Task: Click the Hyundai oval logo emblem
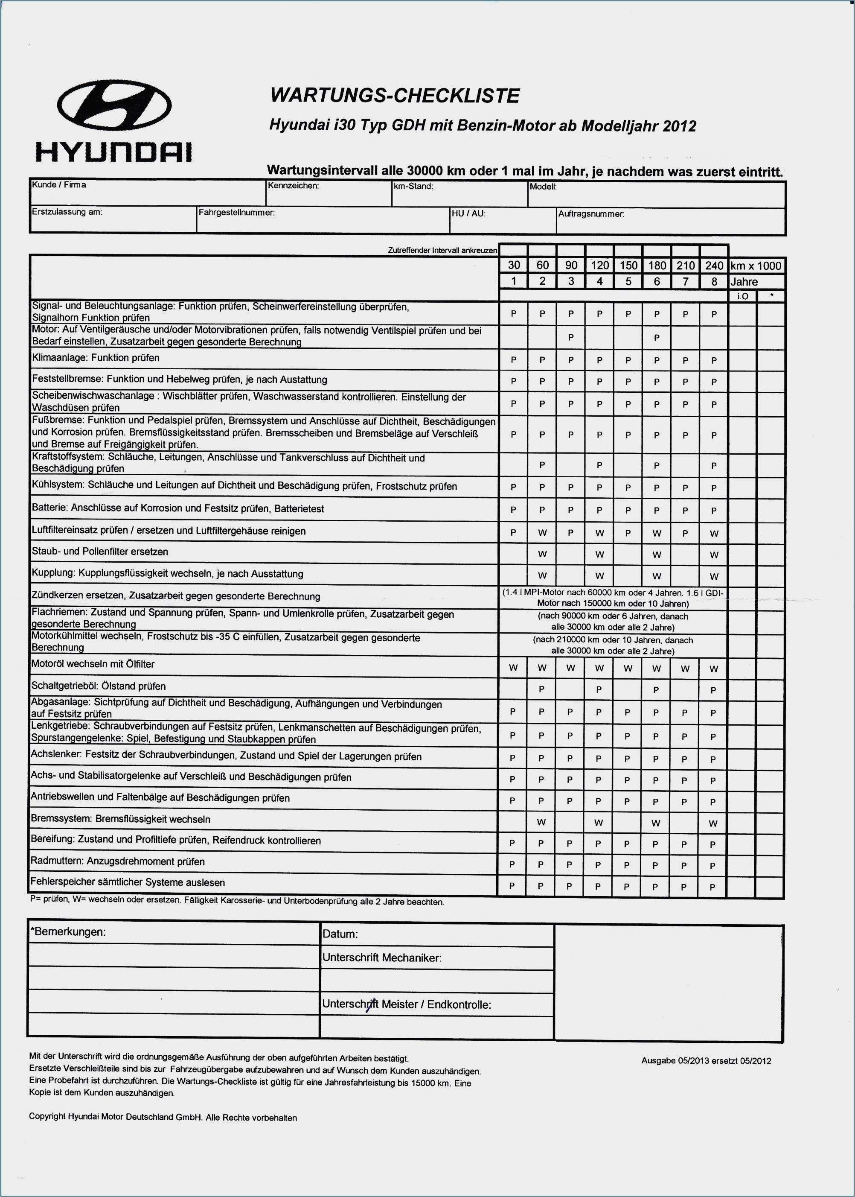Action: [114, 105]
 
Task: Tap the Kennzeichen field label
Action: [293, 186]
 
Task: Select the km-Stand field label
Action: [413, 187]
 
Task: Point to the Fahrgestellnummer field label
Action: [236, 213]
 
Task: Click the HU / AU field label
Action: [468, 214]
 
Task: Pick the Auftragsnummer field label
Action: [591, 214]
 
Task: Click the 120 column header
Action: [600, 266]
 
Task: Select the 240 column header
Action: [714, 266]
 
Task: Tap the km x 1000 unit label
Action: [756, 266]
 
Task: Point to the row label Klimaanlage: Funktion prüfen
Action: [96, 358]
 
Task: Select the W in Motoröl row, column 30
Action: [513, 668]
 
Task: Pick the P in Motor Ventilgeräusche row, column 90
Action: [571, 337]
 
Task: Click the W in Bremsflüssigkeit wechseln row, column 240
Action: [713, 823]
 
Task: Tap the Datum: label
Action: [340, 934]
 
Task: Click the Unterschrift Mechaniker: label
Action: [382, 958]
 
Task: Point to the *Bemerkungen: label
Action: [68, 931]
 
